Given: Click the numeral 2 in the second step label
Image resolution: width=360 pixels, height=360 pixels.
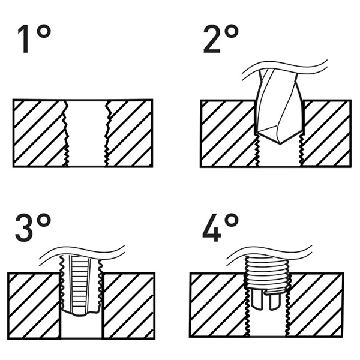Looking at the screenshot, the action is [x=212, y=39].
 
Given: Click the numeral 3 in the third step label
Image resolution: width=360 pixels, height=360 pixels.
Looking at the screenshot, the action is [x=24, y=227].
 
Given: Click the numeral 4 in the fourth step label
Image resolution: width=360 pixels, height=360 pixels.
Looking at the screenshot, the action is [x=212, y=227].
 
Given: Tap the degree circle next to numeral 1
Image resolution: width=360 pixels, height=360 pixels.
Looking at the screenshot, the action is [x=44, y=31].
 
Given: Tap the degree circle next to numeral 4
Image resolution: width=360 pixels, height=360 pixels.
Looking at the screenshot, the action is [x=232, y=220].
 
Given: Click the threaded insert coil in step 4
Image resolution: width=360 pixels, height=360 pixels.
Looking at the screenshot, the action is [x=267, y=272].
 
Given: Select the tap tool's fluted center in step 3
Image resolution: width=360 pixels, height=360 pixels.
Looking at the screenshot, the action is [x=80, y=284].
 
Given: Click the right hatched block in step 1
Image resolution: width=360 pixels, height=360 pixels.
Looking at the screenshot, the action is [x=129, y=133].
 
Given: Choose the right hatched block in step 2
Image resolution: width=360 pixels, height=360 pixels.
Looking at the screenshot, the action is [x=326, y=134].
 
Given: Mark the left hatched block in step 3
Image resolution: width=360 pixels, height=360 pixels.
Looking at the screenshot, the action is [x=34, y=306].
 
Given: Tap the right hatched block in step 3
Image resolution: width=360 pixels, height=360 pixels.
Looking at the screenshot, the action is [x=128, y=306].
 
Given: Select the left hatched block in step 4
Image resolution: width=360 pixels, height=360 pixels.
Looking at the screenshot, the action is [x=218, y=305].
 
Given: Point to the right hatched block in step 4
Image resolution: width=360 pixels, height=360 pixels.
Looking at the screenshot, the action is [x=315, y=305].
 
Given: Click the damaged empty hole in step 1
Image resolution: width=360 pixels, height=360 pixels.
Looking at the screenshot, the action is [x=87, y=133].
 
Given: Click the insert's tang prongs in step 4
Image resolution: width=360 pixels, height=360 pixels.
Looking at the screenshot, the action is [x=266, y=299].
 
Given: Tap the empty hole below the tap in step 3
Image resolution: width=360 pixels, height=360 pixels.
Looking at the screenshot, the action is [x=82, y=326].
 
